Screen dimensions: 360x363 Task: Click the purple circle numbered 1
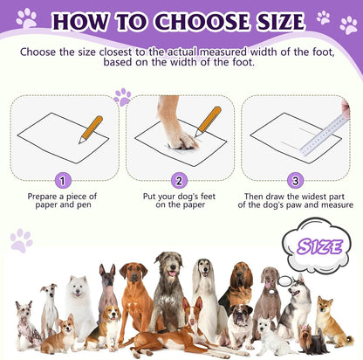coord(61,180)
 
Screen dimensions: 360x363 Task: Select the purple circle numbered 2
coord(180,180)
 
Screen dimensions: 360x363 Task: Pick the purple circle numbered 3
coord(297,180)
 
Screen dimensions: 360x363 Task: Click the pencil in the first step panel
coord(90,129)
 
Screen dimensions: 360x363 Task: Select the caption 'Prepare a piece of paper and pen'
coord(61,202)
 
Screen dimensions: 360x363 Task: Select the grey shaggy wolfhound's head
coord(167,265)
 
